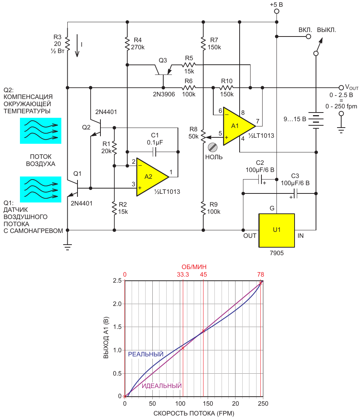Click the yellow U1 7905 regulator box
(276, 230)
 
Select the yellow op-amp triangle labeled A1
(237, 126)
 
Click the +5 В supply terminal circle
(277, 11)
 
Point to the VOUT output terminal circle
(341, 88)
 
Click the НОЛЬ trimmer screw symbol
(213, 147)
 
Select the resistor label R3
(58, 37)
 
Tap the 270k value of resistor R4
(138, 47)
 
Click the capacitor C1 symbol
(155, 152)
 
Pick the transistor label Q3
(163, 60)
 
